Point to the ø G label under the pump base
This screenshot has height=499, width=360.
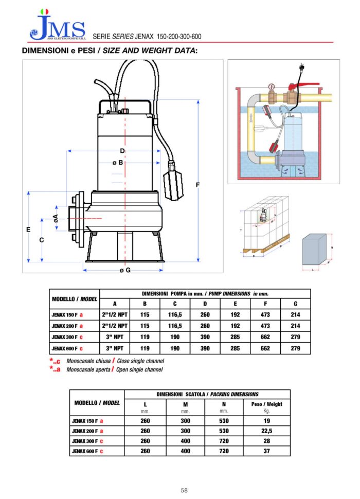(x=124, y=270)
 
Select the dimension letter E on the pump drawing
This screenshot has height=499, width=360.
(x=28, y=229)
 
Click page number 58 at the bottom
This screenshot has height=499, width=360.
(x=184, y=490)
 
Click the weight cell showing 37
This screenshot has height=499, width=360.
(x=266, y=451)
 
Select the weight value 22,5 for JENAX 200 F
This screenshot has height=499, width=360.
(x=266, y=431)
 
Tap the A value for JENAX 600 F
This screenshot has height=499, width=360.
(x=115, y=348)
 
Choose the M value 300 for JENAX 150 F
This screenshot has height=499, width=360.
(x=185, y=421)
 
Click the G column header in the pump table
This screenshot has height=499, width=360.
(x=295, y=304)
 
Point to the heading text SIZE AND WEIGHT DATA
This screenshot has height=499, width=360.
(x=153, y=50)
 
